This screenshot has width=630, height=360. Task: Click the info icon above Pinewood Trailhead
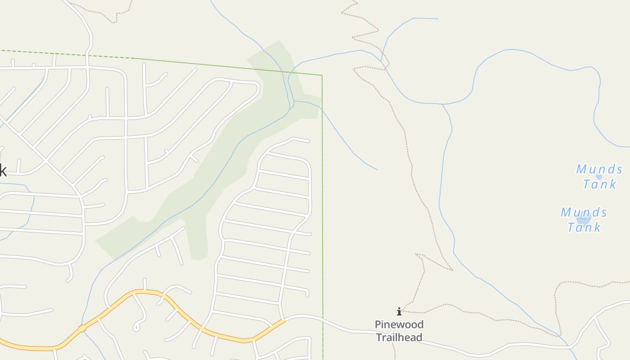[x=399, y=311]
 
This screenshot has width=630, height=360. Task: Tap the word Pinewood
[x=399, y=324]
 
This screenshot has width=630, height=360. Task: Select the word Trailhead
[x=399, y=337]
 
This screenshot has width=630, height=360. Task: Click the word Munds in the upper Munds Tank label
[x=599, y=169]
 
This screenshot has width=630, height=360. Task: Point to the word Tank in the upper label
[x=599, y=184]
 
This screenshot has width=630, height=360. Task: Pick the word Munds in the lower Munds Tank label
[x=584, y=212]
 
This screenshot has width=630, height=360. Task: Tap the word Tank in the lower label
[x=584, y=227]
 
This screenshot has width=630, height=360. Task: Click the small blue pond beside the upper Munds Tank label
[x=599, y=176]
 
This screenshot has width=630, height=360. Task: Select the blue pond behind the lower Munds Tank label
[x=584, y=219]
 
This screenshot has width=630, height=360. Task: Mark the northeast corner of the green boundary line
[x=322, y=76]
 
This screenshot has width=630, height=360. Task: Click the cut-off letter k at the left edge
[x=3, y=171]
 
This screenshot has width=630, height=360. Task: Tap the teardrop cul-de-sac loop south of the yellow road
[x=136, y=327]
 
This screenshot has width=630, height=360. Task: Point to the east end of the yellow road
[x=283, y=321]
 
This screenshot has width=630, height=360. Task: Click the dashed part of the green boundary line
[x=67, y=54]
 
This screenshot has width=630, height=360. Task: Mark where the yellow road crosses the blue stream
[x=82, y=328]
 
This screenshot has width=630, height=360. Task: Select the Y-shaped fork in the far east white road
[x=595, y=318]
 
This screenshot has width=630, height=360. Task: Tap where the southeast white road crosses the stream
[x=570, y=347]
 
